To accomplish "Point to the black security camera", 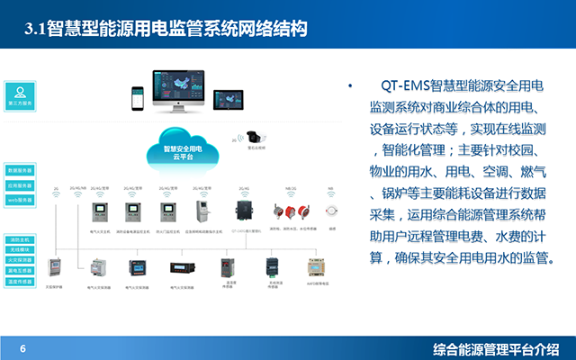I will pyautogui.click(x=256, y=138).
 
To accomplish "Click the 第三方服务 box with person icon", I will pyautogui.click(x=20, y=96).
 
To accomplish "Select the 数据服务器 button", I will pyautogui.click(x=20, y=169).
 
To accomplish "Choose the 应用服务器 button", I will pyautogui.click(x=20, y=184).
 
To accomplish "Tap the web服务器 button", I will pyautogui.click(x=20, y=199).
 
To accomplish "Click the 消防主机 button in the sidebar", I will pyautogui.click(x=20, y=240).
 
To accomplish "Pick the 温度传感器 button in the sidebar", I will pyautogui.click(x=20, y=280).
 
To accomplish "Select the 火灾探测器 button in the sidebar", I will pyautogui.click(x=20, y=260).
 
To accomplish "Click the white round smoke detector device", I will pyautogui.click(x=330, y=210).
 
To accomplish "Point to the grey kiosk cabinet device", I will pyautogui.click(x=203, y=211).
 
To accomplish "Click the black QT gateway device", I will pyautogui.click(x=242, y=210).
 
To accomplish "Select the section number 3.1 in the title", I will pyautogui.click(x=35, y=31).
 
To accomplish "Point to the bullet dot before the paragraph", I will pyautogui.click(x=350, y=86).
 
